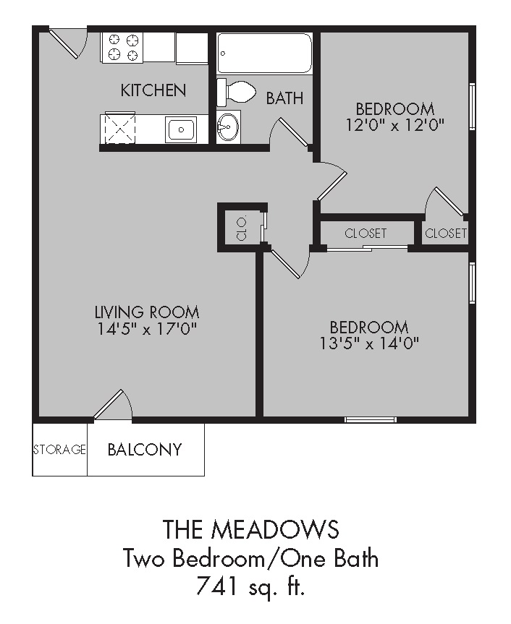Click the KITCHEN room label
coord(153,90)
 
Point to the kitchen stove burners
coord(123,47)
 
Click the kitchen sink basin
coord(180,130)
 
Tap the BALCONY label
coord(144,450)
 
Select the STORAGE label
coord(59,450)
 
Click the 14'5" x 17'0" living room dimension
coord(147,330)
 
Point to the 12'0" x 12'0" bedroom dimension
coord(394,124)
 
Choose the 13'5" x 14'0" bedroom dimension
coord(369,343)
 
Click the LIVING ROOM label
coord(147,312)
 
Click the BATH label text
coord(284,98)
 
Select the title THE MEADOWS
coord(250,529)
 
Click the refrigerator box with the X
coord(121,128)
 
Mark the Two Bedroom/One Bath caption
coord(250,558)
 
